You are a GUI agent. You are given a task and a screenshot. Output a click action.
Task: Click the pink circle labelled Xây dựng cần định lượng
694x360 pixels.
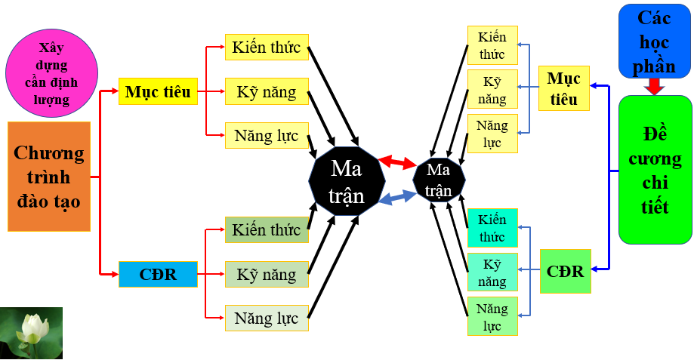(x=52, y=73)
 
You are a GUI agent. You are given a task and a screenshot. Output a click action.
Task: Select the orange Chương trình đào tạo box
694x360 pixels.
(x=49, y=177)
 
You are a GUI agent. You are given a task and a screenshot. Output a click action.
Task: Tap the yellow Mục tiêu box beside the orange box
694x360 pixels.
(x=158, y=91)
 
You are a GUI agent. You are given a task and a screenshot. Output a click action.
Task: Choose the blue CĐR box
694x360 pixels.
(x=158, y=274)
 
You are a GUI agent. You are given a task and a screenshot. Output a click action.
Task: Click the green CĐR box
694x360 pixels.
(x=566, y=271)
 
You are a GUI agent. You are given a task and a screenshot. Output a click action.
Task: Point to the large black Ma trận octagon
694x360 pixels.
(x=347, y=181)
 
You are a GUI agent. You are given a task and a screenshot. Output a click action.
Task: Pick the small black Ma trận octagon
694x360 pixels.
(x=439, y=180)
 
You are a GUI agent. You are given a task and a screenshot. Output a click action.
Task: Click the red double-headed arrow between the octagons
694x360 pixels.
(x=398, y=162)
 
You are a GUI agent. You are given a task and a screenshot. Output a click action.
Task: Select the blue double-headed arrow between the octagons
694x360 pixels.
(x=398, y=197)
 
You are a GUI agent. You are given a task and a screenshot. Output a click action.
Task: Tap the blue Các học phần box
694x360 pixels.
(x=655, y=41)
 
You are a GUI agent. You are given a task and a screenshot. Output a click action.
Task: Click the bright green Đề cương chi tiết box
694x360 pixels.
(x=655, y=170)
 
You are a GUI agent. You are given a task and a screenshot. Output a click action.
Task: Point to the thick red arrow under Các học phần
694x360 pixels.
(x=655, y=87)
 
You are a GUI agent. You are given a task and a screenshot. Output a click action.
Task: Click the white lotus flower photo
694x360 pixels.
(x=32, y=333)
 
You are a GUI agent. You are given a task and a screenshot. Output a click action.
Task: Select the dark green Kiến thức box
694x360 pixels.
(x=267, y=229)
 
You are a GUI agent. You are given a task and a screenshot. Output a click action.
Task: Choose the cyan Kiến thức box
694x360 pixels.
(x=492, y=228)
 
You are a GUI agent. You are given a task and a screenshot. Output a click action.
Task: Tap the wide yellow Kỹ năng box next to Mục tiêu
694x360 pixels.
(x=267, y=91)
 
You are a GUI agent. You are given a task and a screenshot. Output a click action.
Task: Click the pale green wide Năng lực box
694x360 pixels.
(x=267, y=318)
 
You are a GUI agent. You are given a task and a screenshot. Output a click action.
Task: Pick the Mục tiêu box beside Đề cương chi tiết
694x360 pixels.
(x=564, y=88)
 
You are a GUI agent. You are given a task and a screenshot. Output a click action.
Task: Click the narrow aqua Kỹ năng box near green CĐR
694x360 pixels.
(x=492, y=272)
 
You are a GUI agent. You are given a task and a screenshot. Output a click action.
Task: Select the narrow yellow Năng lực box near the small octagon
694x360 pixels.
(x=492, y=134)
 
